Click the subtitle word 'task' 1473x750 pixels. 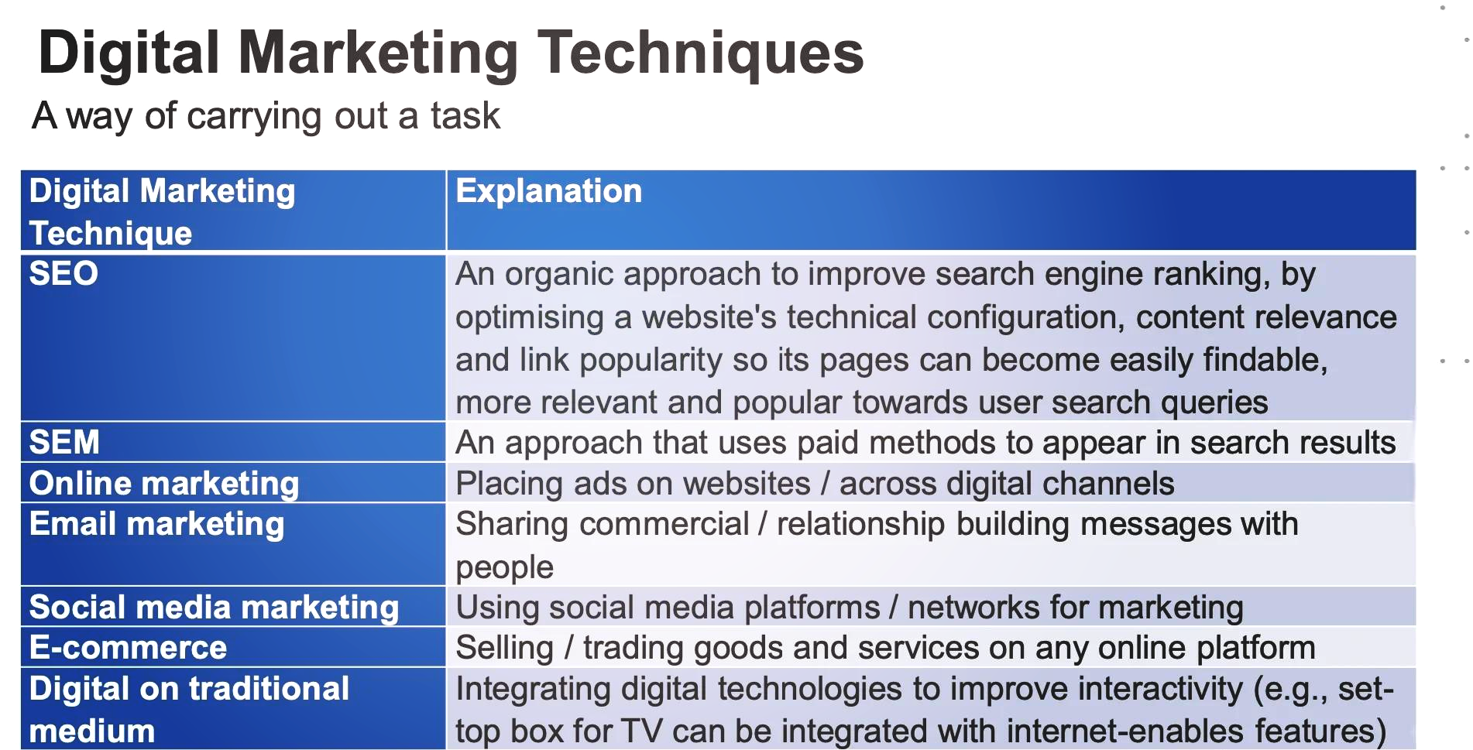(x=465, y=116)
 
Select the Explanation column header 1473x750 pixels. (x=548, y=191)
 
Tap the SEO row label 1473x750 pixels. (x=64, y=273)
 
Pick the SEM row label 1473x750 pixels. (x=64, y=442)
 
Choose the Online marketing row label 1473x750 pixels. (x=164, y=484)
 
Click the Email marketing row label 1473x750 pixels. (x=156, y=525)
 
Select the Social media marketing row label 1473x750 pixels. (x=214, y=608)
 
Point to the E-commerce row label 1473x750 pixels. (x=128, y=648)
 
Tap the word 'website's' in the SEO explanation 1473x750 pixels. (x=709, y=317)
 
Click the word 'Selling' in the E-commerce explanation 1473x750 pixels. (x=504, y=649)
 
